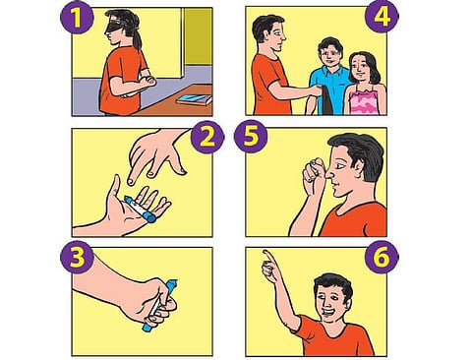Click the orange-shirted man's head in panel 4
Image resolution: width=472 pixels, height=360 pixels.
click(269, 34)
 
